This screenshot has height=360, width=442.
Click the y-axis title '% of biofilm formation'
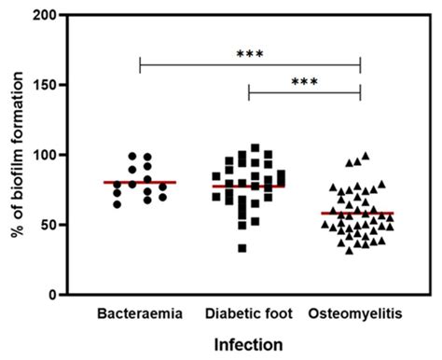(x=17, y=154)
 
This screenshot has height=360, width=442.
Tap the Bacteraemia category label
(x=139, y=313)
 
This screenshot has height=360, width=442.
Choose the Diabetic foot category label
(x=249, y=313)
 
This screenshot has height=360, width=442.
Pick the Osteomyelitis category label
(x=359, y=313)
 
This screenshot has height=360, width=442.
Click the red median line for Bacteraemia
(x=139, y=182)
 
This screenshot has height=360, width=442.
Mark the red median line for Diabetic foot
(x=249, y=187)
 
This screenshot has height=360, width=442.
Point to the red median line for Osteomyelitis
(x=358, y=213)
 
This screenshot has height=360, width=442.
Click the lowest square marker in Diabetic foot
(x=242, y=248)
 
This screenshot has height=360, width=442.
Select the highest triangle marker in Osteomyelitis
(x=365, y=156)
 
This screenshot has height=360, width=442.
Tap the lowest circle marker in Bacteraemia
(x=117, y=203)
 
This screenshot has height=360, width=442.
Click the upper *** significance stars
(x=249, y=53)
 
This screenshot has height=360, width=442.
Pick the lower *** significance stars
(x=304, y=81)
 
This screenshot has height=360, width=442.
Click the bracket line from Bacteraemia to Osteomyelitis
(x=249, y=63)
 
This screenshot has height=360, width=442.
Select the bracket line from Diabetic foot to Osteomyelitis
(x=304, y=91)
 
